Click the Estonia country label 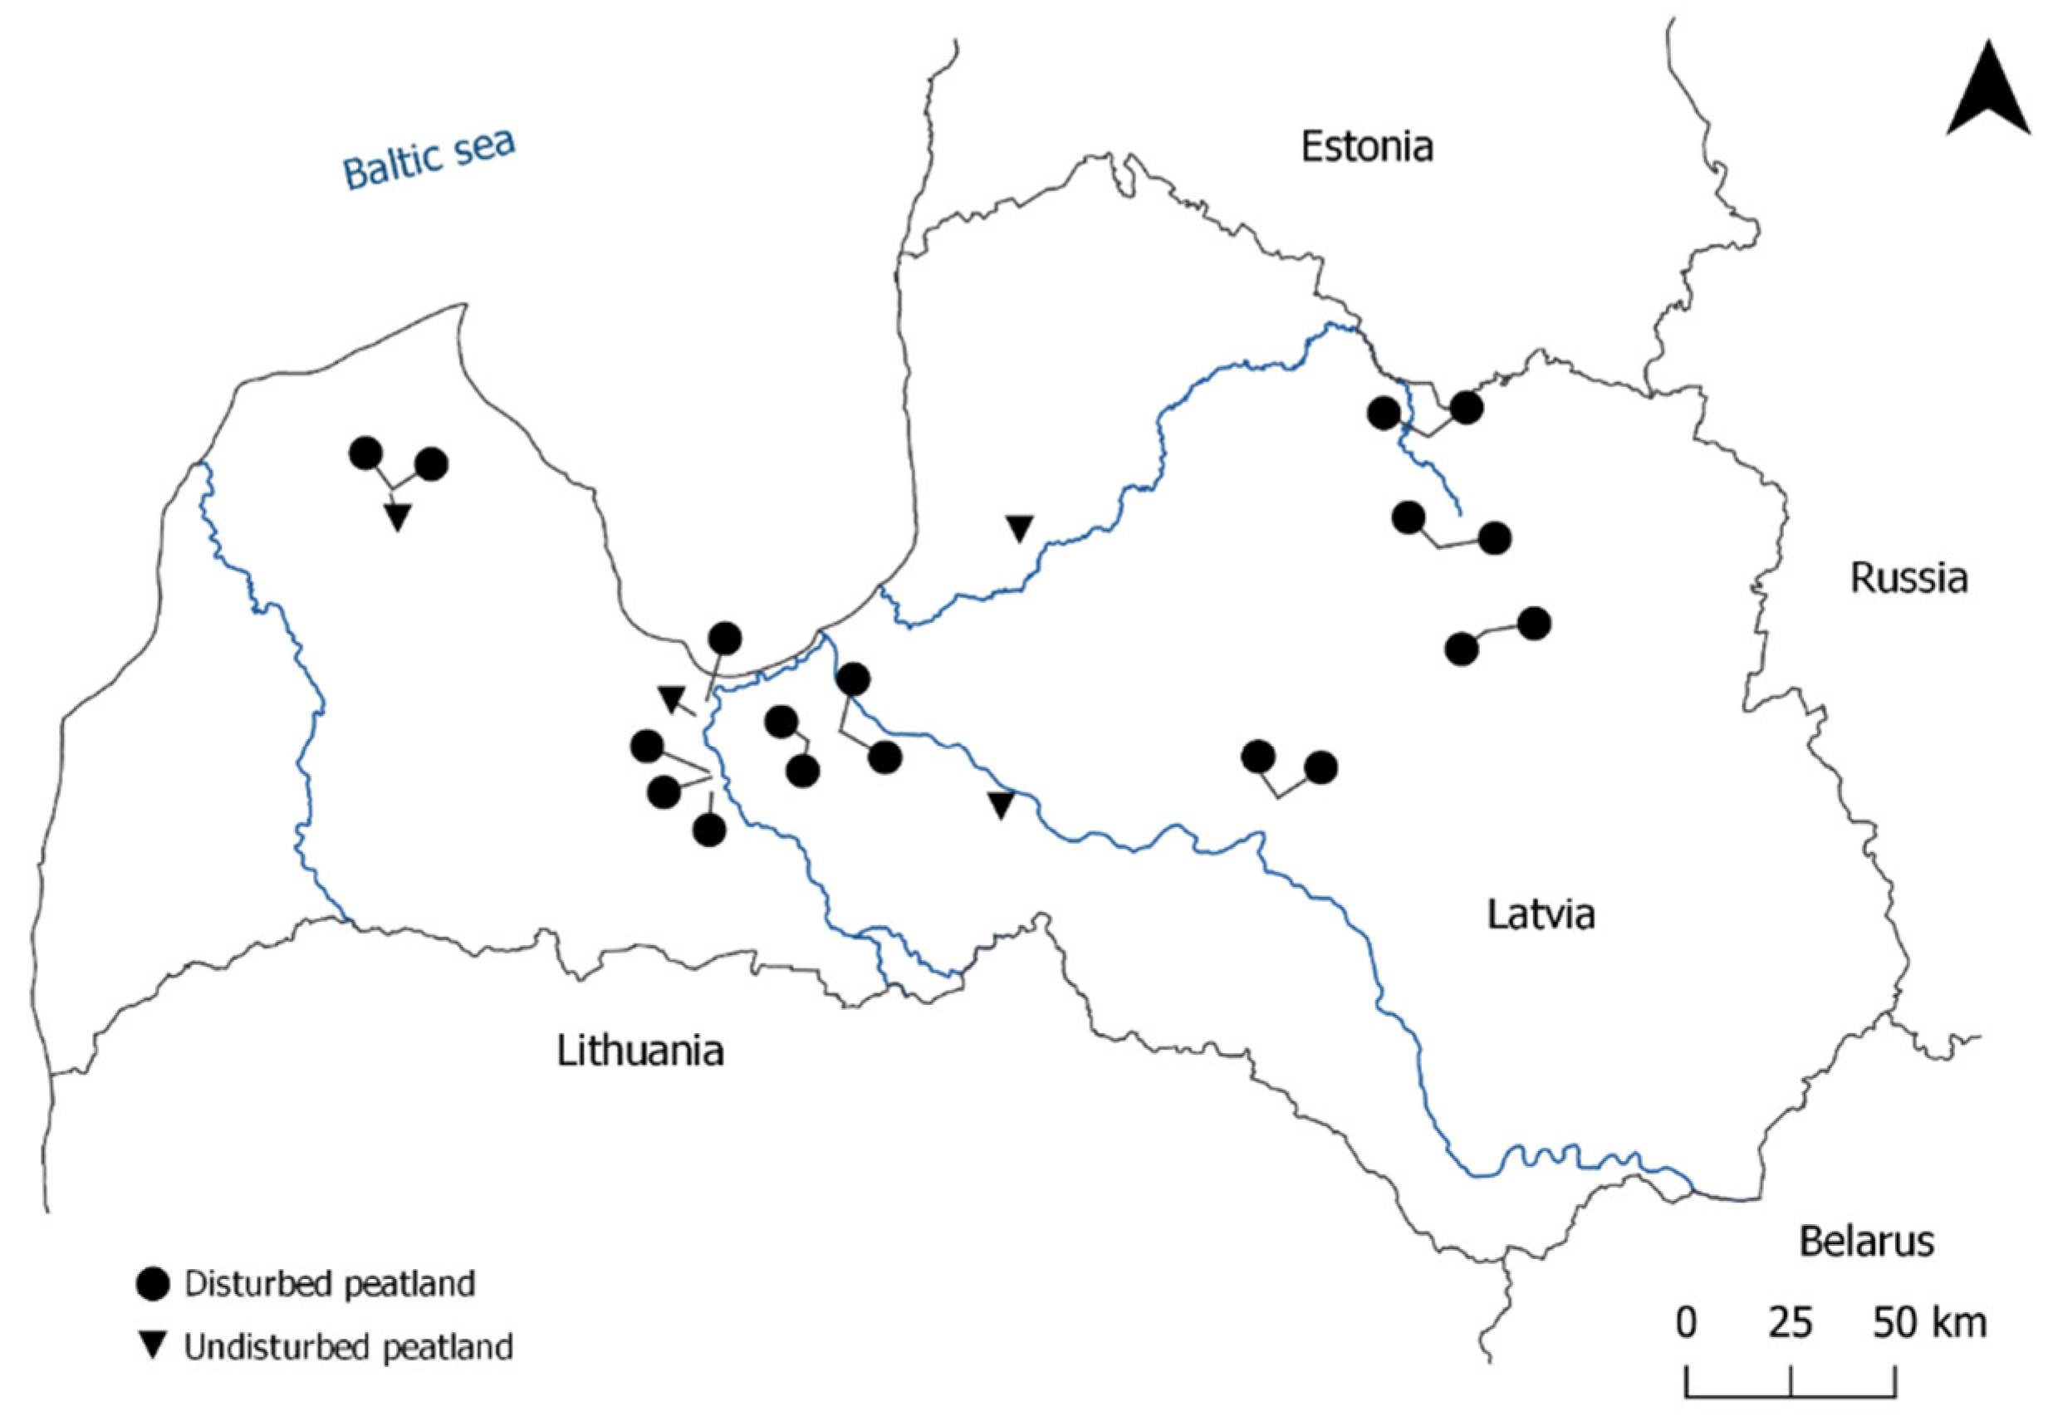[1366, 146]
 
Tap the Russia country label [1908, 578]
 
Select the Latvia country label [1541, 915]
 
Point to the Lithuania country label [639, 1051]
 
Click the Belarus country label [1867, 1242]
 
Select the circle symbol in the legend [153, 1285]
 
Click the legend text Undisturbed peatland [349, 1346]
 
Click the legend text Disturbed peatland [329, 1284]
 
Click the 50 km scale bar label [1929, 1321]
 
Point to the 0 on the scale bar [1686, 1321]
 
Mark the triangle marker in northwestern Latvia [398, 517]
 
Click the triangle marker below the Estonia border [1020, 528]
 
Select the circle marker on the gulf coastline [724, 639]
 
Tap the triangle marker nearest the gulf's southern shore [672, 698]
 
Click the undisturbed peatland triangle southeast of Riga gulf [1002, 806]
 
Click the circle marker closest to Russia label [1534, 624]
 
